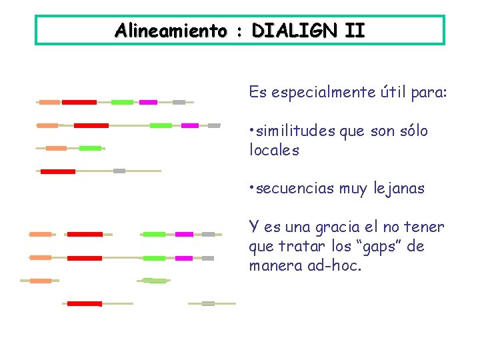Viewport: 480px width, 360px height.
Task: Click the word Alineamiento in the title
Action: pos(170,31)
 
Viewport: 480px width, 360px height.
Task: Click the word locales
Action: pos(274,150)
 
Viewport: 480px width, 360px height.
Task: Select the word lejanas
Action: pos(400,189)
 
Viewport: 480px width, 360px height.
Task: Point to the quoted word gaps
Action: pos(382,247)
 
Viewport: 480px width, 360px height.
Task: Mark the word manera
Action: pos(270,266)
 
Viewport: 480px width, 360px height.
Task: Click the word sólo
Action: pos(413,131)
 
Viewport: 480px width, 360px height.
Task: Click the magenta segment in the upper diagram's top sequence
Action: pos(148,102)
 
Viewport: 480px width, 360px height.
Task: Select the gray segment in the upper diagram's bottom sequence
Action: pos(119,171)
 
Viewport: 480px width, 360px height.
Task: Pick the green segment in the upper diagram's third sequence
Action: pos(90,148)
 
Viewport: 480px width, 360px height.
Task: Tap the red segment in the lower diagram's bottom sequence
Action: pos(85,303)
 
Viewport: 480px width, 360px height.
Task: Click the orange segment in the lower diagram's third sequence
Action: pos(41,281)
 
